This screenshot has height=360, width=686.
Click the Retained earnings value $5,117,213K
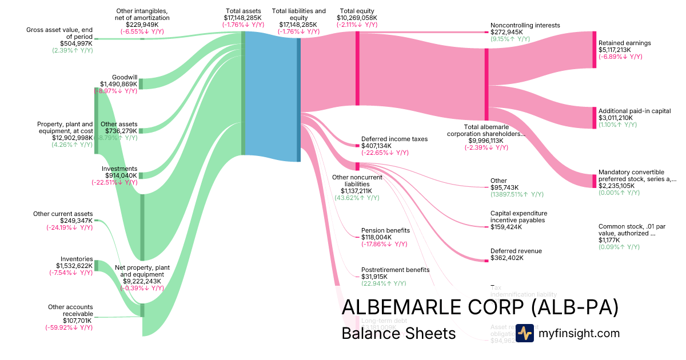point(615,50)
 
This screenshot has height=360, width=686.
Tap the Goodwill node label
point(124,77)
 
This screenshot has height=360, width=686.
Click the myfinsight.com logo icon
point(525,333)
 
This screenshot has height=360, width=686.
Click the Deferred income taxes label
point(386,139)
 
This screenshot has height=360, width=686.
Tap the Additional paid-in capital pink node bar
point(594,117)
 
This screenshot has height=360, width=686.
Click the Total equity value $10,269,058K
point(358,18)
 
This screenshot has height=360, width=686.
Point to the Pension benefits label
point(385,230)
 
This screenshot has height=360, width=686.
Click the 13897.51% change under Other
point(517,194)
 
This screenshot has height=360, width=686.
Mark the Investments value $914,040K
point(119,175)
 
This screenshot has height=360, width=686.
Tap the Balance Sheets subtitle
point(398,333)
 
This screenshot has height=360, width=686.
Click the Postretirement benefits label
point(395,270)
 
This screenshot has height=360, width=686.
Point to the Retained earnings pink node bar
point(594,50)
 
